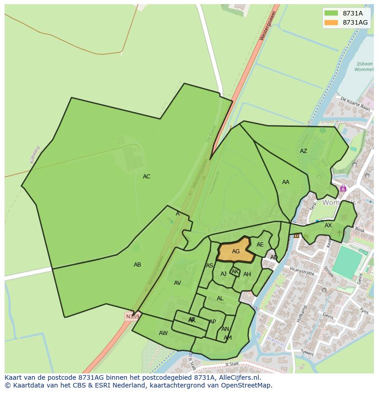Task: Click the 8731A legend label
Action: coord(352,13)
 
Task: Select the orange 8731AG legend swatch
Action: coord(331,22)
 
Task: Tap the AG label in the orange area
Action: coord(236,252)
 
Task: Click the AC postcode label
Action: coord(147,177)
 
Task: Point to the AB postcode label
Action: coord(137,265)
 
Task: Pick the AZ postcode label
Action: coord(304,151)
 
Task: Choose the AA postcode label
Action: coord(286,182)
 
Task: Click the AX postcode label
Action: coord(328,225)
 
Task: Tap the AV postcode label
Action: coord(178,283)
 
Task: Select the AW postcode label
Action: coord(163,333)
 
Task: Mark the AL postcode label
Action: coord(220,299)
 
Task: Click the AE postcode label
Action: coord(260,245)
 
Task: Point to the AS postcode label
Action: coord(210,266)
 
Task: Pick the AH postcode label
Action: coord(247,274)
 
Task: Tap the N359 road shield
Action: coord(132,316)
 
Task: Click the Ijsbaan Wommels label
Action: coord(364,67)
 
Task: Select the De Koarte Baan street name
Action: coord(355,104)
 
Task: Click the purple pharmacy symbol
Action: coord(343,189)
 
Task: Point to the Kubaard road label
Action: coord(35,154)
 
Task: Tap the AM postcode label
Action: coord(228,338)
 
